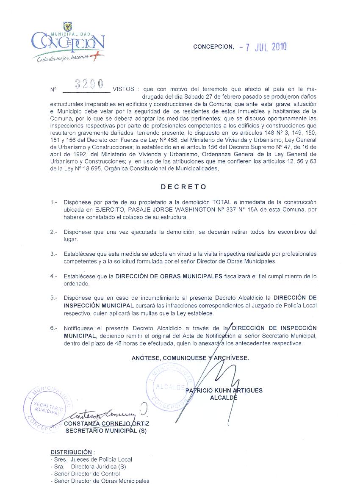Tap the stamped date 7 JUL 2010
[x=263, y=47]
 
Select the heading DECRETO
[x=183, y=186]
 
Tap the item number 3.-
[x=53, y=254]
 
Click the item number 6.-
[x=53, y=328]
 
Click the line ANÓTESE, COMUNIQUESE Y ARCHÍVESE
[x=190, y=358]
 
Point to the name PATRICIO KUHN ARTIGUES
[x=224, y=390]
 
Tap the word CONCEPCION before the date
[x=213, y=47]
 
